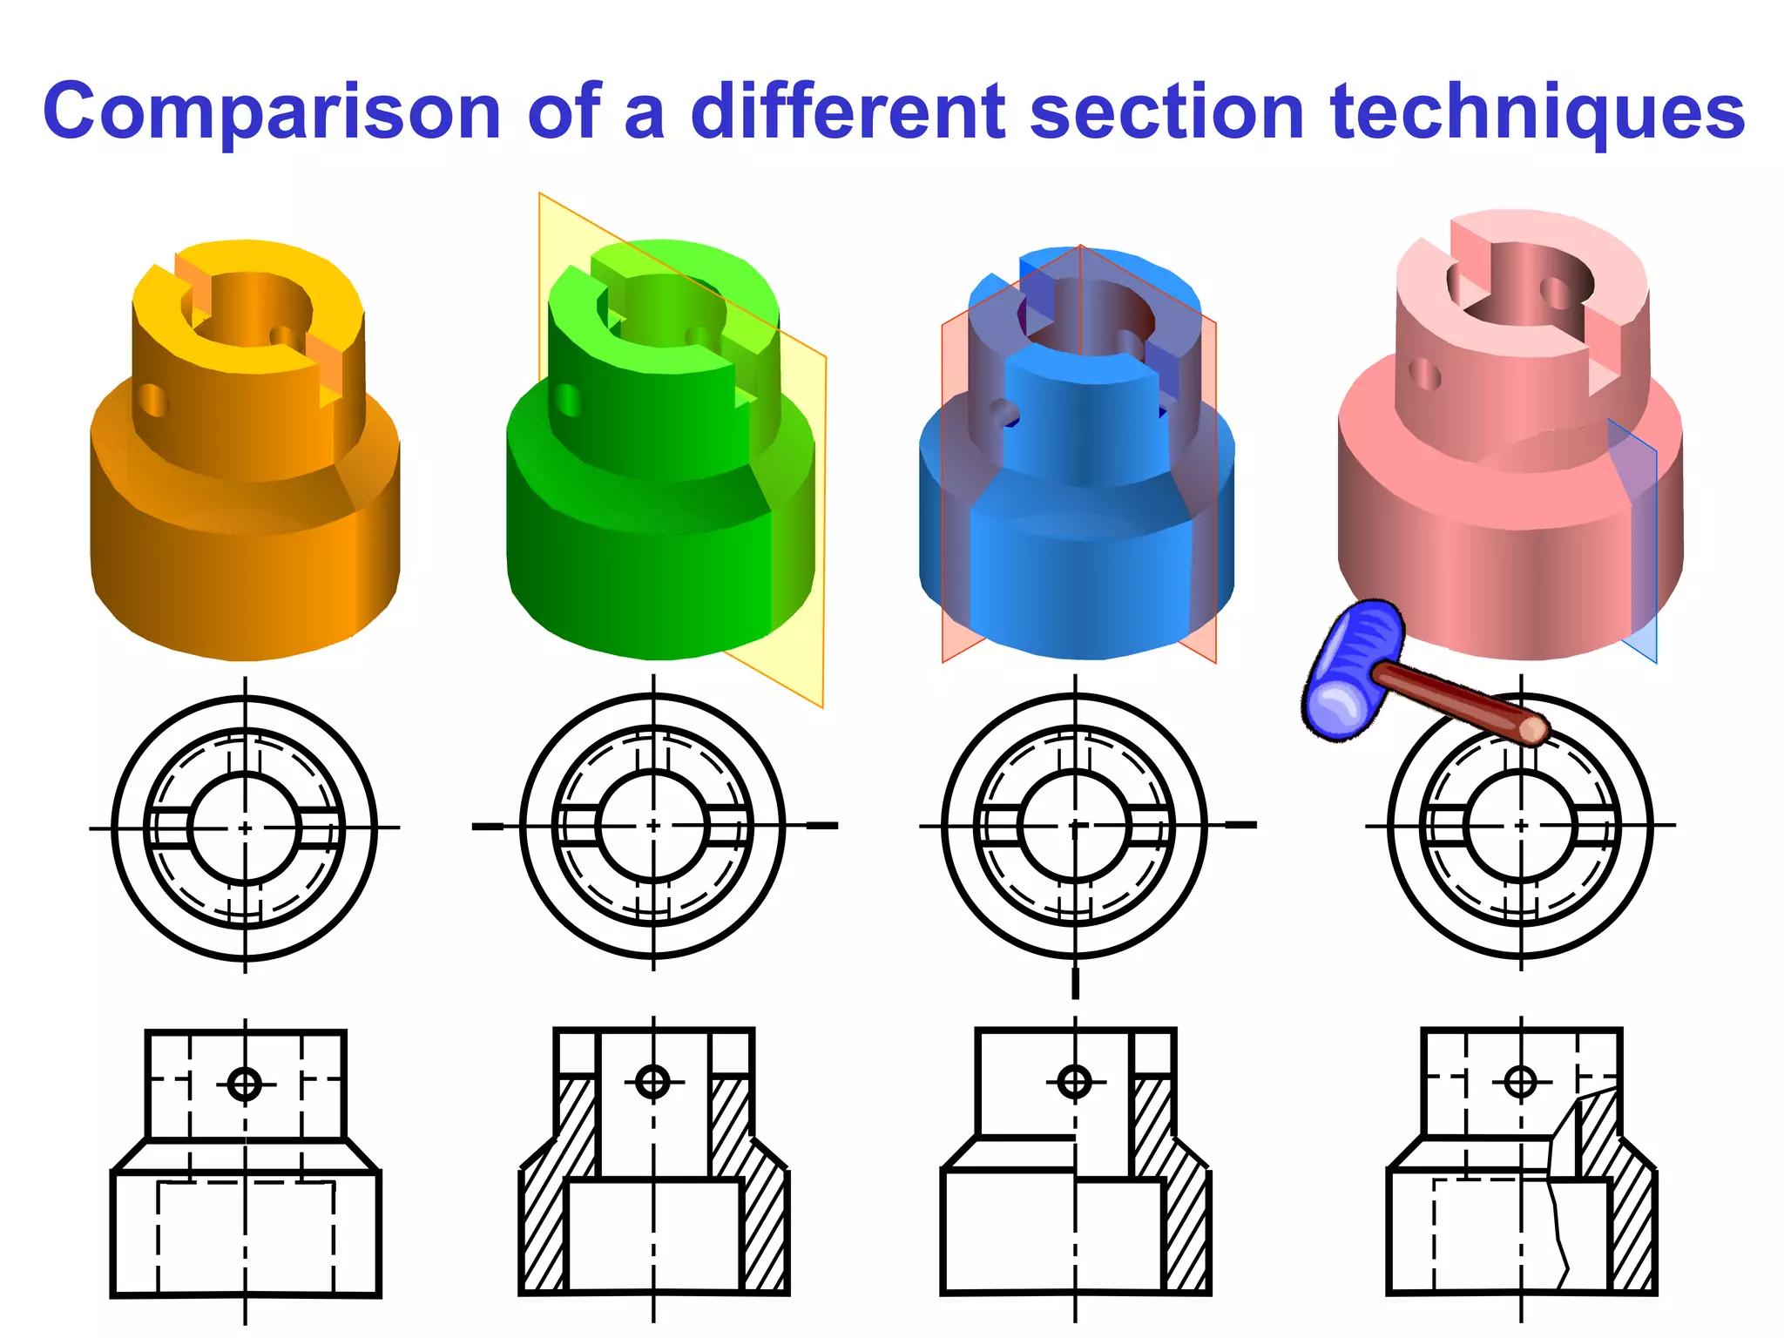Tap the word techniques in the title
pyautogui.click(x=1537, y=111)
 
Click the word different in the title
pyautogui.click(x=847, y=111)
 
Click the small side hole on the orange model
pyautogui.click(x=153, y=400)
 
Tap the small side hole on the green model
pyautogui.click(x=568, y=401)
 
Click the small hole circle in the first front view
pyautogui.click(x=245, y=1085)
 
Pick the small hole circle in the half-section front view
pyautogui.click(x=1075, y=1082)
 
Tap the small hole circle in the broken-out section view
pyautogui.click(x=1521, y=1082)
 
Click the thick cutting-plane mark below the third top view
pyautogui.click(x=1075, y=983)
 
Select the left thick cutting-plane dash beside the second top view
pyautogui.click(x=488, y=826)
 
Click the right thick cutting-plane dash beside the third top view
pyautogui.click(x=1240, y=824)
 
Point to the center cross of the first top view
pyautogui.click(x=245, y=828)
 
